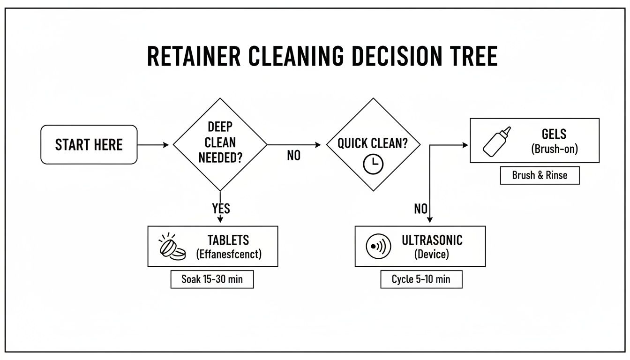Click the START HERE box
point(89,144)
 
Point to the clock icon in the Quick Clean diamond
point(373,164)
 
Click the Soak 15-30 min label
point(212,279)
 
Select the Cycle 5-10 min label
point(421,279)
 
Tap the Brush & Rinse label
point(540,175)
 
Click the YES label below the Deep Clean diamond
point(221,208)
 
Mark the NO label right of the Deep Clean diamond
point(293,156)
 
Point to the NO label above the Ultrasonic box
point(420,209)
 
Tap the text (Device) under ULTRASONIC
point(432,255)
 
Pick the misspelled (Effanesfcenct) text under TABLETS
point(228,255)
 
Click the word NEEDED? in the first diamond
point(220,157)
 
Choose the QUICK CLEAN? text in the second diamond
point(373,143)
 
